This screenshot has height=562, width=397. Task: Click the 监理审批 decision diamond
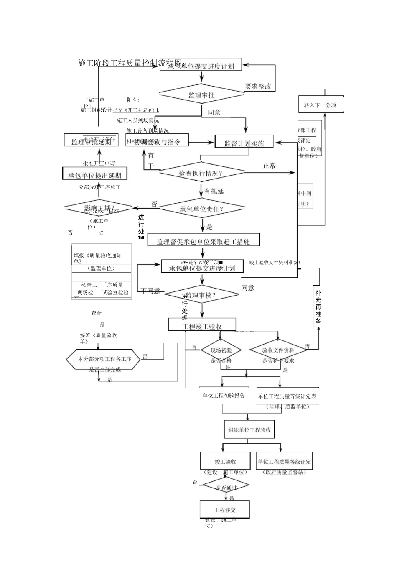(x=201, y=95)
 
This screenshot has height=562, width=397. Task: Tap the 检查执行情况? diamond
(x=201, y=173)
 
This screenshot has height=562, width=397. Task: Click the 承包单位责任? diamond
(x=201, y=209)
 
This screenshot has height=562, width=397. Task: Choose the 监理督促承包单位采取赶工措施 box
(x=203, y=241)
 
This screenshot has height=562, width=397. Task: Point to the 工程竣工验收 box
(x=202, y=326)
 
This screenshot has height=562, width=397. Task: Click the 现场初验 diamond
(x=221, y=350)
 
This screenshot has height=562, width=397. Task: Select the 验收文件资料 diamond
(x=278, y=350)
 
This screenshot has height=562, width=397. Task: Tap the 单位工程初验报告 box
(x=224, y=396)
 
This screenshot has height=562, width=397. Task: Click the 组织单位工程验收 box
(x=249, y=429)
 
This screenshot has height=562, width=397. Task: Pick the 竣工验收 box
(x=226, y=462)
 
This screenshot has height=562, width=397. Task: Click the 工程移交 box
(x=225, y=510)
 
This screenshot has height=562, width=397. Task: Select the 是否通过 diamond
(x=226, y=487)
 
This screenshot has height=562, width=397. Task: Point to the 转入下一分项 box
(x=320, y=105)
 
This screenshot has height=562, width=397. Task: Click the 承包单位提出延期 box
(x=95, y=175)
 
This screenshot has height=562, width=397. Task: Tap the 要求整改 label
(x=258, y=87)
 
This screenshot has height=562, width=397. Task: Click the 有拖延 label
(x=214, y=191)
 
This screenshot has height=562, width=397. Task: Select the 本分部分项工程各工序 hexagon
(x=103, y=359)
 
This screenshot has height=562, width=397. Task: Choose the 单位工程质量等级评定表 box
(x=287, y=396)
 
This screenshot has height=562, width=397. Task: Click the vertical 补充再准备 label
(x=318, y=307)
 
